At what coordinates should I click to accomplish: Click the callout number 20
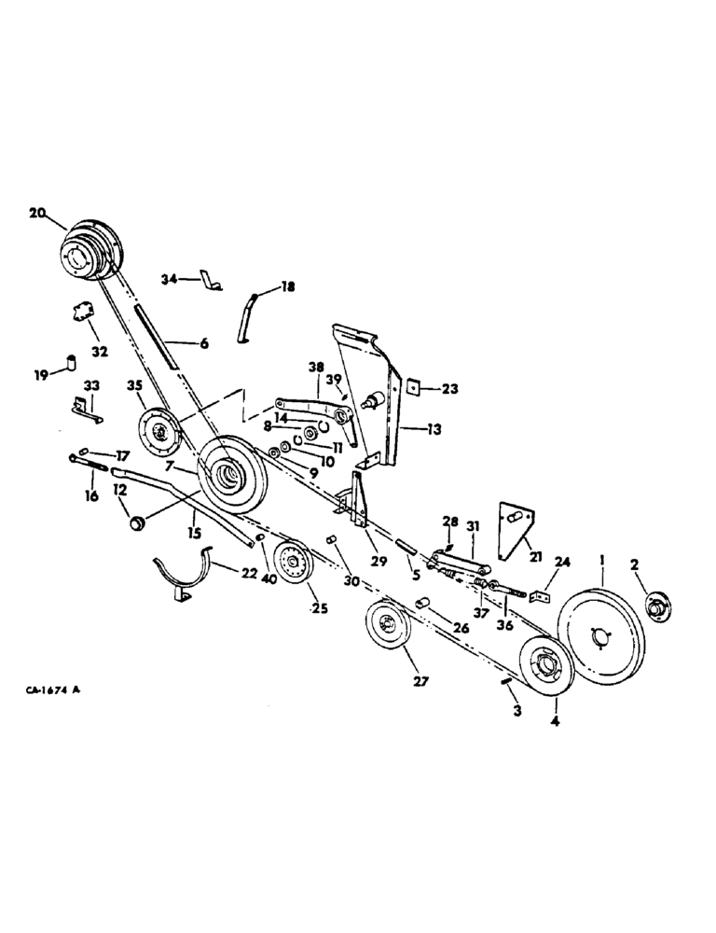pyautogui.click(x=37, y=214)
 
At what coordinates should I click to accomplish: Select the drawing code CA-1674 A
pyautogui.click(x=59, y=690)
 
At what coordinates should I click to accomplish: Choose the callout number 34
pyautogui.click(x=169, y=279)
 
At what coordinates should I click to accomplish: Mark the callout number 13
pyautogui.click(x=434, y=430)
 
